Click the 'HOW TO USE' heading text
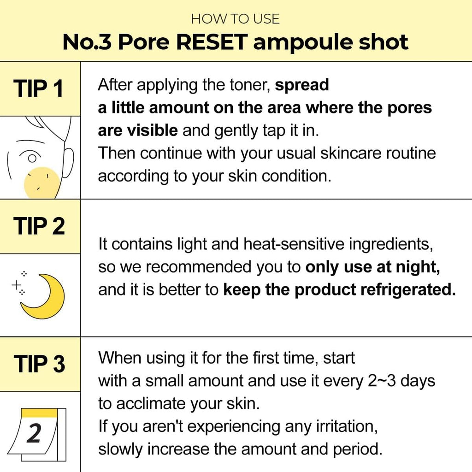click(235, 19)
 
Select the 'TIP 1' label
click(38, 88)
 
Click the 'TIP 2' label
click(39, 226)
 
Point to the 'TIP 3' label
click(39, 364)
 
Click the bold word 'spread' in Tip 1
click(302, 85)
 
